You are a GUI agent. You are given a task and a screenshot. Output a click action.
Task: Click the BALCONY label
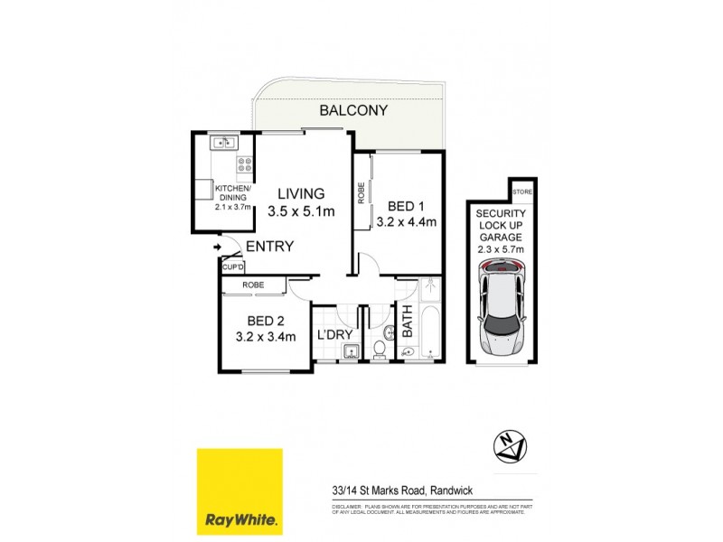pyautogui.click(x=353, y=111)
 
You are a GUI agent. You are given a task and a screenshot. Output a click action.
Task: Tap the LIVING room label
pyautogui.click(x=301, y=192)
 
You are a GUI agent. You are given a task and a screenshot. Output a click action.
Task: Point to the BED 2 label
pyautogui.click(x=267, y=319)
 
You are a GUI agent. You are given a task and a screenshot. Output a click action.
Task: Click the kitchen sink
pyautogui.click(x=223, y=142)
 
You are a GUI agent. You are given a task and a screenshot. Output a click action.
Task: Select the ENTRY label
pyautogui.click(x=269, y=246)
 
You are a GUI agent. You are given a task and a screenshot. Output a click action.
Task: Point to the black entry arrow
pyautogui.click(x=218, y=245)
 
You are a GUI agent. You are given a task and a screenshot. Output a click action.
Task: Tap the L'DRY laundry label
pyautogui.click(x=333, y=334)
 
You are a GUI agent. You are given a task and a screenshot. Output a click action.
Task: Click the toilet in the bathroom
pyautogui.click(x=381, y=344)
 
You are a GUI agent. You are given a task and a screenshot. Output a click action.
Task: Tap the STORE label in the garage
pyautogui.click(x=521, y=192)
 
